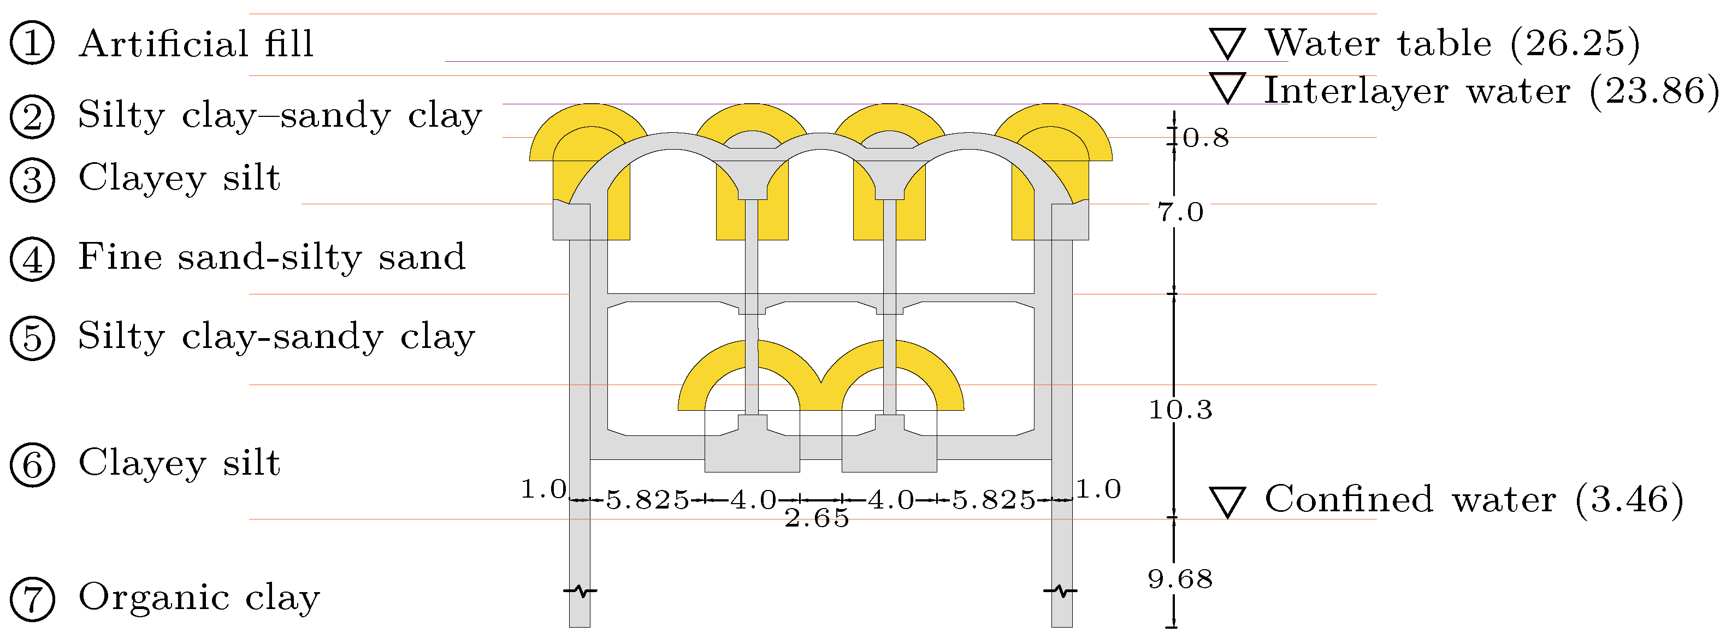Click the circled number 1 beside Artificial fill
[32, 43]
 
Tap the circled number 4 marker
[32, 259]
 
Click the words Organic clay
[199, 597]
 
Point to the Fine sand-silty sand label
[271, 257]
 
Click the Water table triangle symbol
[1227, 44]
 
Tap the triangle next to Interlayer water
[1227, 88]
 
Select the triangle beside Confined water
[1227, 501]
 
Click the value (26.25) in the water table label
[1575, 43]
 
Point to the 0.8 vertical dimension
[1205, 138]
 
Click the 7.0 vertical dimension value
[1180, 212]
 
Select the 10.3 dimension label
[1180, 410]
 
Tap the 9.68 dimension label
[1180, 579]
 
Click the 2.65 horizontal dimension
[817, 518]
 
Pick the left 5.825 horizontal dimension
[647, 500]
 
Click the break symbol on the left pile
[580, 591]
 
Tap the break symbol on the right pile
[1061, 591]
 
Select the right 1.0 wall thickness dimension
[1098, 489]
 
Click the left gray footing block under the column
[752, 452]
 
